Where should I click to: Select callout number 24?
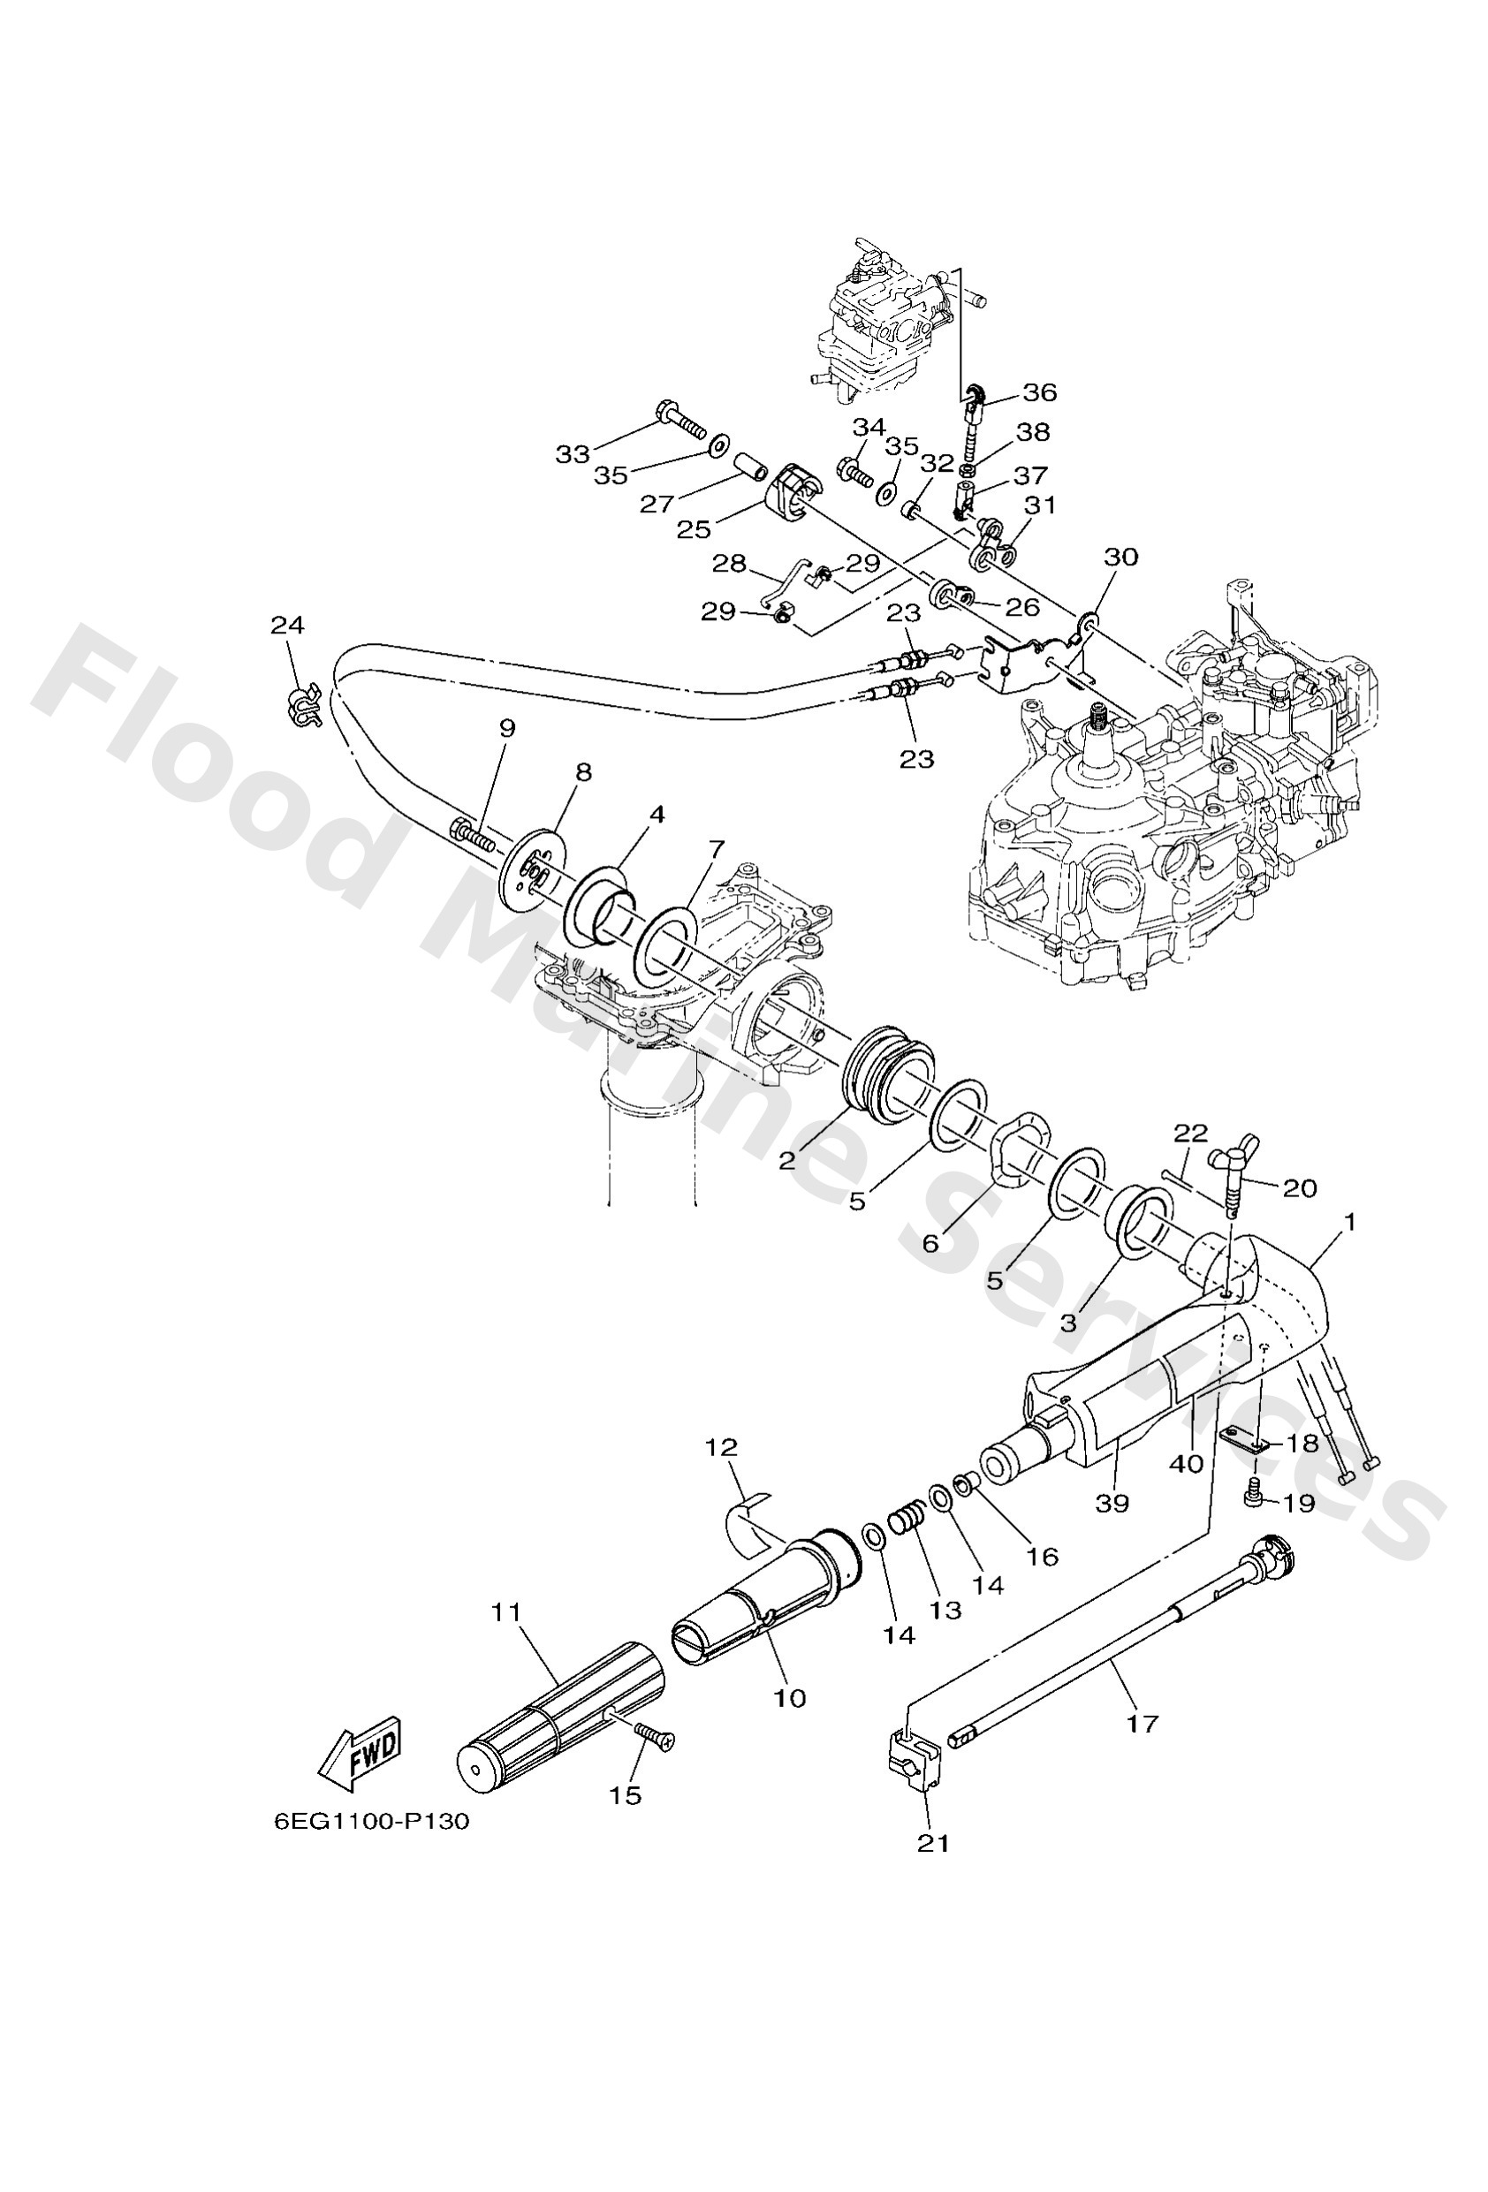point(288,625)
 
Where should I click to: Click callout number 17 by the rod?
point(1142,1723)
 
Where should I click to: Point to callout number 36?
point(1040,391)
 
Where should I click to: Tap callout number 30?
point(1121,557)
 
